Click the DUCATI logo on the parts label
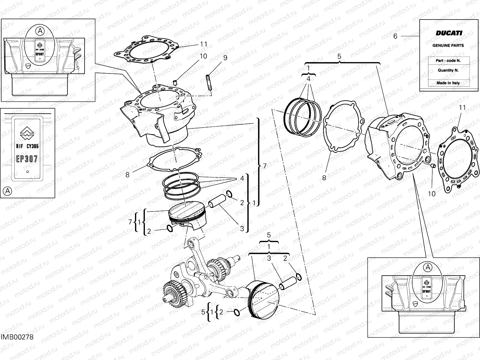point(449,33)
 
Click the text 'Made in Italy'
point(448,83)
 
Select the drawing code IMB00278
point(17,345)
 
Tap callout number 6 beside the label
point(395,36)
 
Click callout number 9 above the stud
point(225,58)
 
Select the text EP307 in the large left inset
point(27,159)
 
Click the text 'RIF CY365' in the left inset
point(27,146)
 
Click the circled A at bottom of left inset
point(8,191)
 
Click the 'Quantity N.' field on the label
point(448,70)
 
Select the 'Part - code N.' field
point(448,61)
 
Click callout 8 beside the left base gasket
point(127,174)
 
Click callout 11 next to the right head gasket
point(462,107)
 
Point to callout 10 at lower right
point(431,194)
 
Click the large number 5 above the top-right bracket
point(339,56)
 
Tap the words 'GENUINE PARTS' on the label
point(448,46)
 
